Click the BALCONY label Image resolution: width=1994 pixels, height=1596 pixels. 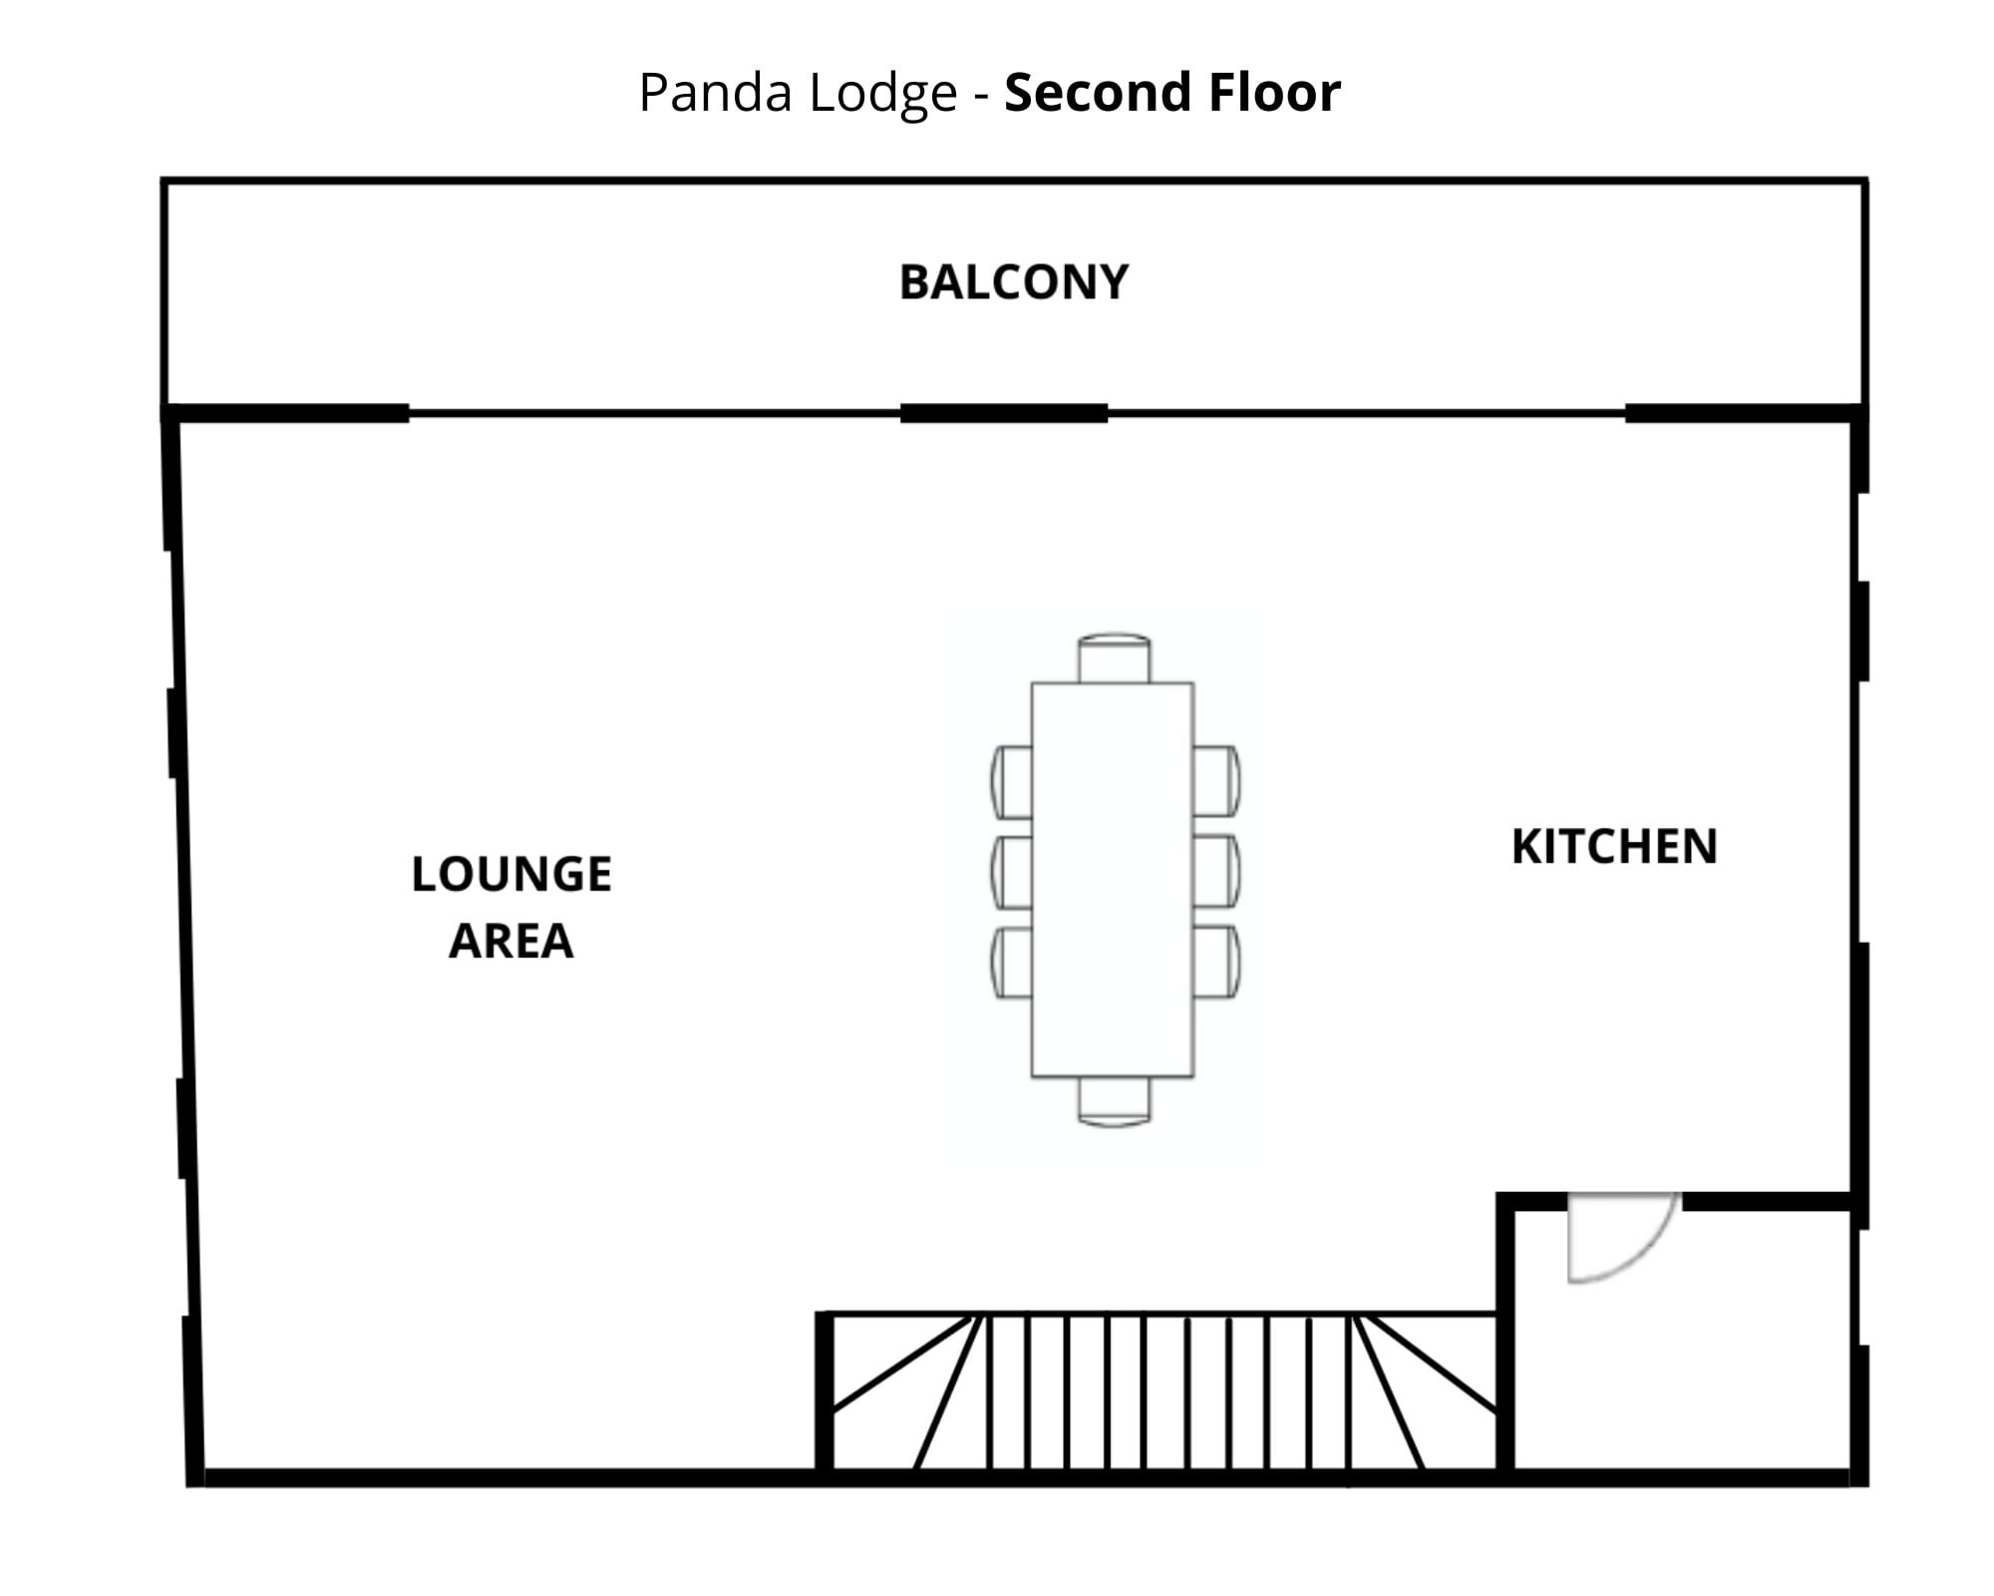(x=1014, y=282)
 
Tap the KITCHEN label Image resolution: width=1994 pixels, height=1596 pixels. (x=1614, y=847)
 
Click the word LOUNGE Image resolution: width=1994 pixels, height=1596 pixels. (x=511, y=875)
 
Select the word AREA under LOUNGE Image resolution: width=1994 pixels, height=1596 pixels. (x=510, y=941)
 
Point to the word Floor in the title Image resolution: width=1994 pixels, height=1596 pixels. (x=1274, y=93)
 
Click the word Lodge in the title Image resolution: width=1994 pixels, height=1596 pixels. (x=882, y=93)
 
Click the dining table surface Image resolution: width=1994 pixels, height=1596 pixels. (x=1112, y=878)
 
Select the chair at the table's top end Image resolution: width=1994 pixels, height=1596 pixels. (x=1114, y=658)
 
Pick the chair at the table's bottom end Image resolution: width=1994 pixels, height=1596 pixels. (x=1114, y=1101)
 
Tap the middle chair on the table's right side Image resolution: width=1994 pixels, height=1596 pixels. (x=1216, y=872)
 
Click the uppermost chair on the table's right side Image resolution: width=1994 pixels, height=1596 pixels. (x=1216, y=781)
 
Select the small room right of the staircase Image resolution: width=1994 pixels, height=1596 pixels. (x=1680, y=1347)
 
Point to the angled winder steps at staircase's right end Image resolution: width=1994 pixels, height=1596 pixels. (x=1426, y=1396)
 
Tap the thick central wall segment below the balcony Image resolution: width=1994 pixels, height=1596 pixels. (x=1004, y=413)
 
